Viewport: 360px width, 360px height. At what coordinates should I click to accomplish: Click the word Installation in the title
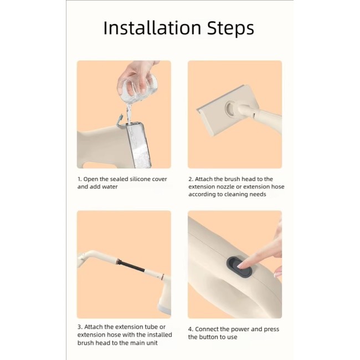point(152,28)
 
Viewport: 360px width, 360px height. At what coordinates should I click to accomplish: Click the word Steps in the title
point(230,29)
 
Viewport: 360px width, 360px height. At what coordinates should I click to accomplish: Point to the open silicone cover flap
point(120,120)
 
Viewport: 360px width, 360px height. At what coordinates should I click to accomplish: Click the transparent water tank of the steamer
point(138,145)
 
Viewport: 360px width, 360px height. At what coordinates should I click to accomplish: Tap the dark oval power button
point(239,266)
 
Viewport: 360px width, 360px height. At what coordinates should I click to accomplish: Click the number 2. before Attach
point(191,179)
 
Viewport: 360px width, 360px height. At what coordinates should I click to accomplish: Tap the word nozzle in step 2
point(228,187)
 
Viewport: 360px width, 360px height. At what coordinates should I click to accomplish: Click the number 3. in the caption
point(80,327)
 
